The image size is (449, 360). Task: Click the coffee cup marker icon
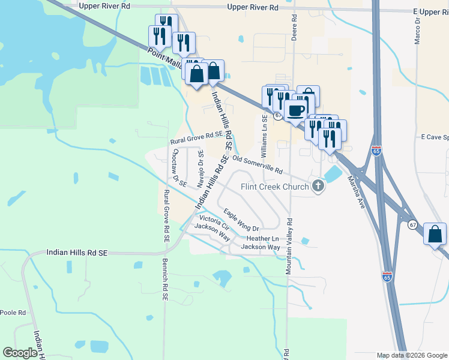coord(297,110)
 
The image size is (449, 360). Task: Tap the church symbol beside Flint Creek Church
coord(318,187)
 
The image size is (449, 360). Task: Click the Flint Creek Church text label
coord(275,187)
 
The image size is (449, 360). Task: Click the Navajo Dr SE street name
coord(201,169)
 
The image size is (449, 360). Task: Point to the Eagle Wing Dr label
coord(241,220)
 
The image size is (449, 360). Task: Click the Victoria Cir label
coord(214,221)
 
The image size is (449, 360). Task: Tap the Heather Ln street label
coord(259,238)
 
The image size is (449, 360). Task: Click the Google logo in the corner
coord(20,353)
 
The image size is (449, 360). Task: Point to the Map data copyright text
coord(411,355)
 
